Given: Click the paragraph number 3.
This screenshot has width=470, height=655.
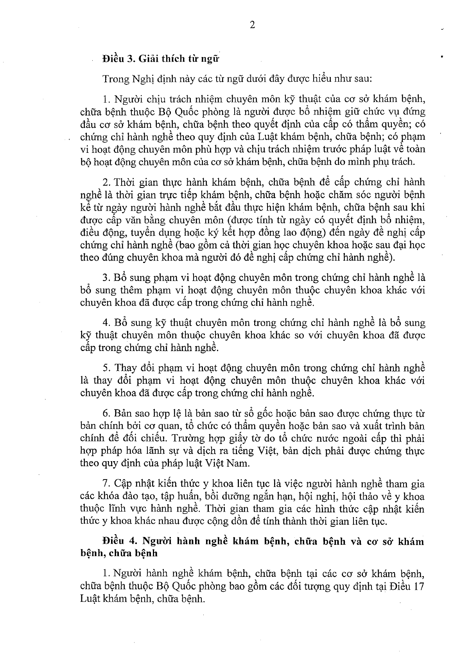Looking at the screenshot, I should (x=105, y=277).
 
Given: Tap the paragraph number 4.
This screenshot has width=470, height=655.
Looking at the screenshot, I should (x=105, y=323).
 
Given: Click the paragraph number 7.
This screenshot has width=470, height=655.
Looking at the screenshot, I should (x=105, y=484).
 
